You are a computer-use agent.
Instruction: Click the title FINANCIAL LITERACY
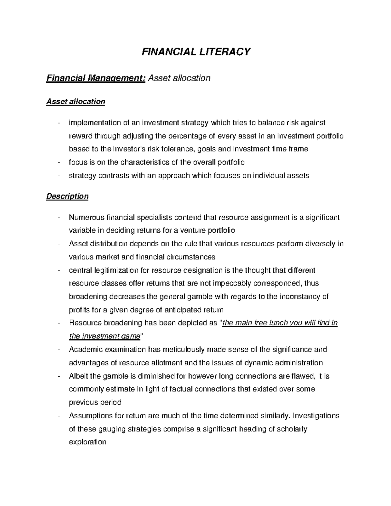196,52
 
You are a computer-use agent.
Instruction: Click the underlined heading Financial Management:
96,78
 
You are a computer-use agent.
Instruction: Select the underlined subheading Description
67,196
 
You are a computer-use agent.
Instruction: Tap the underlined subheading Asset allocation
76,102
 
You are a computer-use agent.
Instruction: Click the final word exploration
88,442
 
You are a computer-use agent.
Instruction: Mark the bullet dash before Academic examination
58,350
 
